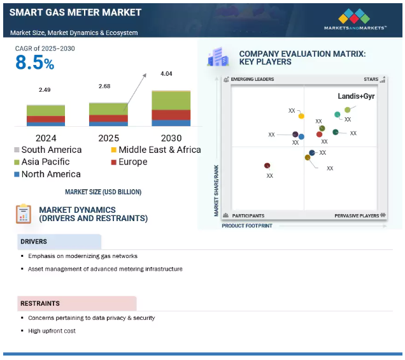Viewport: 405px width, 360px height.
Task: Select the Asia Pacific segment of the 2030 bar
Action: coord(171,101)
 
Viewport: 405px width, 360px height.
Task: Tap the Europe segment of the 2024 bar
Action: coord(46,119)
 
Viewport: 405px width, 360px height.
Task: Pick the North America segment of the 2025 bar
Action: coord(108,124)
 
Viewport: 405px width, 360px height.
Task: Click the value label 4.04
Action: coord(166,74)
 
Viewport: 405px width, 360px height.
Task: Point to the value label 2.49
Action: coord(45,90)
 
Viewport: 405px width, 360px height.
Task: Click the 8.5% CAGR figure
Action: coord(34,63)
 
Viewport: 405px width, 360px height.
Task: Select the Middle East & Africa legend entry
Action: coord(156,150)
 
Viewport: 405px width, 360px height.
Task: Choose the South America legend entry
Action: coord(48,150)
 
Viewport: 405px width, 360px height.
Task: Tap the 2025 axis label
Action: coord(108,138)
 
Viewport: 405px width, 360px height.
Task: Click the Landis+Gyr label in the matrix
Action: coord(356,96)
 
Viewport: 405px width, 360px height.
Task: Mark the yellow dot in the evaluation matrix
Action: coord(301,116)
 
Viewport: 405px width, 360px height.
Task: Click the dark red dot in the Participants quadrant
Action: coord(267,166)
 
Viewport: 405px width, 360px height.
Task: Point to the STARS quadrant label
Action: coord(371,80)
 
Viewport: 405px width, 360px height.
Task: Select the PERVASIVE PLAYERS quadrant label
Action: coord(357,215)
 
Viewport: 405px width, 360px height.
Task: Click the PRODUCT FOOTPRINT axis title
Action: coord(247,226)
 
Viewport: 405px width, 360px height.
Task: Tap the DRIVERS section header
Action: coord(34,241)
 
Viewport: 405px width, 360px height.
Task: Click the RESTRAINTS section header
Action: coord(40,303)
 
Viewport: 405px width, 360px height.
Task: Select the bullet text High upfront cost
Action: coord(52,331)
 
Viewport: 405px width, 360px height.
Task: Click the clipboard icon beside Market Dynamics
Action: coord(24,213)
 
